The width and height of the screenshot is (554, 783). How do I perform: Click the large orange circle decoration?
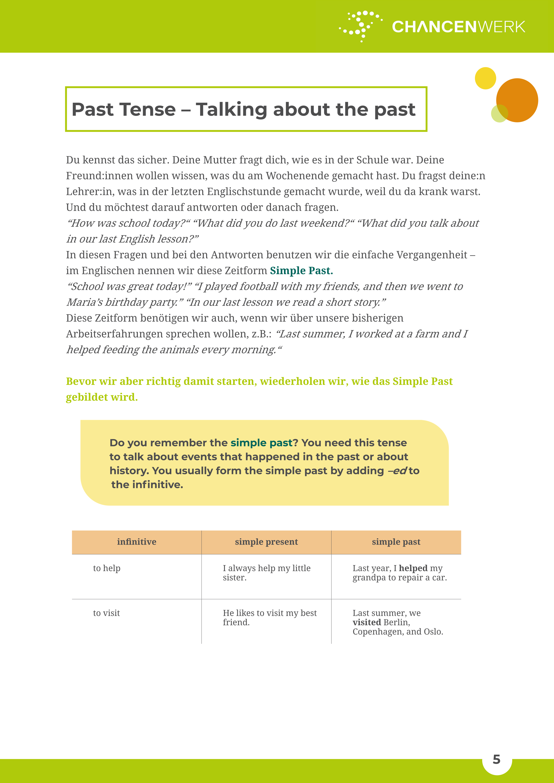click(517, 100)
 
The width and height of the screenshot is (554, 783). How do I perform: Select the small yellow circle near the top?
click(485, 78)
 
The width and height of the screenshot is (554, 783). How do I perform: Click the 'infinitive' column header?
click(136, 542)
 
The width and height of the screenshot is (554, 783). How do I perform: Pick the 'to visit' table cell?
click(106, 613)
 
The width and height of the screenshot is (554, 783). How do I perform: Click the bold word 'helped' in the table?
click(413, 568)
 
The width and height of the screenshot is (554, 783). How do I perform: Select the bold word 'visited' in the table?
click(367, 622)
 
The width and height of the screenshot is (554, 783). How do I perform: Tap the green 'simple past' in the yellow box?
click(261, 443)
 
